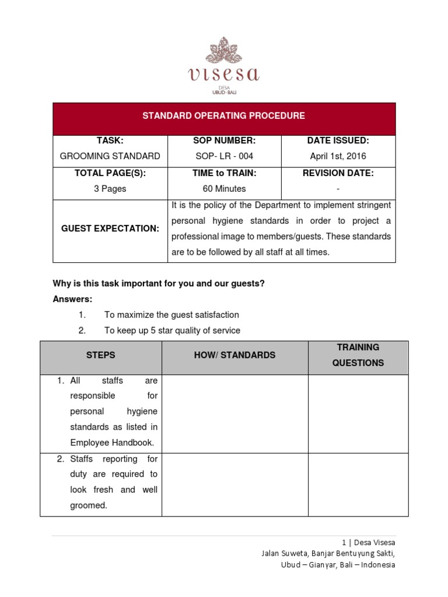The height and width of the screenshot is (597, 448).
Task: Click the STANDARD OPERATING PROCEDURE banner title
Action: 224,115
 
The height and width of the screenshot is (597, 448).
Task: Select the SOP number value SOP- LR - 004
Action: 224,156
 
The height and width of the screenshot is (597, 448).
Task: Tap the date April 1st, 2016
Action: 338,156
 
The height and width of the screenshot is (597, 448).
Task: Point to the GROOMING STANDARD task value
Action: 110,156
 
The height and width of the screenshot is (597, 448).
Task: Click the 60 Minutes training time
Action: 224,189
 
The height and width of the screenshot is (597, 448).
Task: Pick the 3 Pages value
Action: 110,189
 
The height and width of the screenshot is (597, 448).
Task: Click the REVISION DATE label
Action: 338,173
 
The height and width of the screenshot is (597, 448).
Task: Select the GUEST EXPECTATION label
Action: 110,229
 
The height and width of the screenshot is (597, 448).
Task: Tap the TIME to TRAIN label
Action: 224,173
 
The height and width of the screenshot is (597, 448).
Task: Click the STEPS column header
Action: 101,355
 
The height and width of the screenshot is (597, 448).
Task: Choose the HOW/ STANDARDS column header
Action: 235,355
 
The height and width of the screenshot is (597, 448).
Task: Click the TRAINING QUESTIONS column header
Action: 358,355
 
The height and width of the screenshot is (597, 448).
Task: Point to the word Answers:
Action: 73,299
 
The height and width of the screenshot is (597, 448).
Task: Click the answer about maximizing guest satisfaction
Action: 171,315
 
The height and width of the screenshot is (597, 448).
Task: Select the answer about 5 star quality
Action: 172,331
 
